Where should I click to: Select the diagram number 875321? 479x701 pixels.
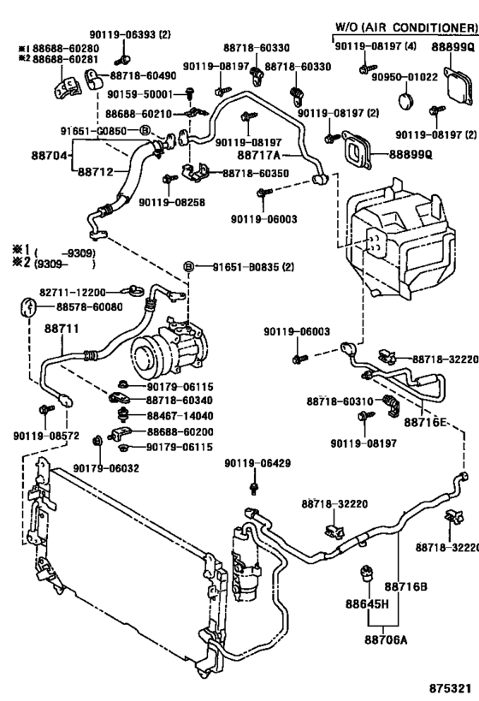[450, 688]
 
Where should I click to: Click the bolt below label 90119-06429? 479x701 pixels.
[256, 487]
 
